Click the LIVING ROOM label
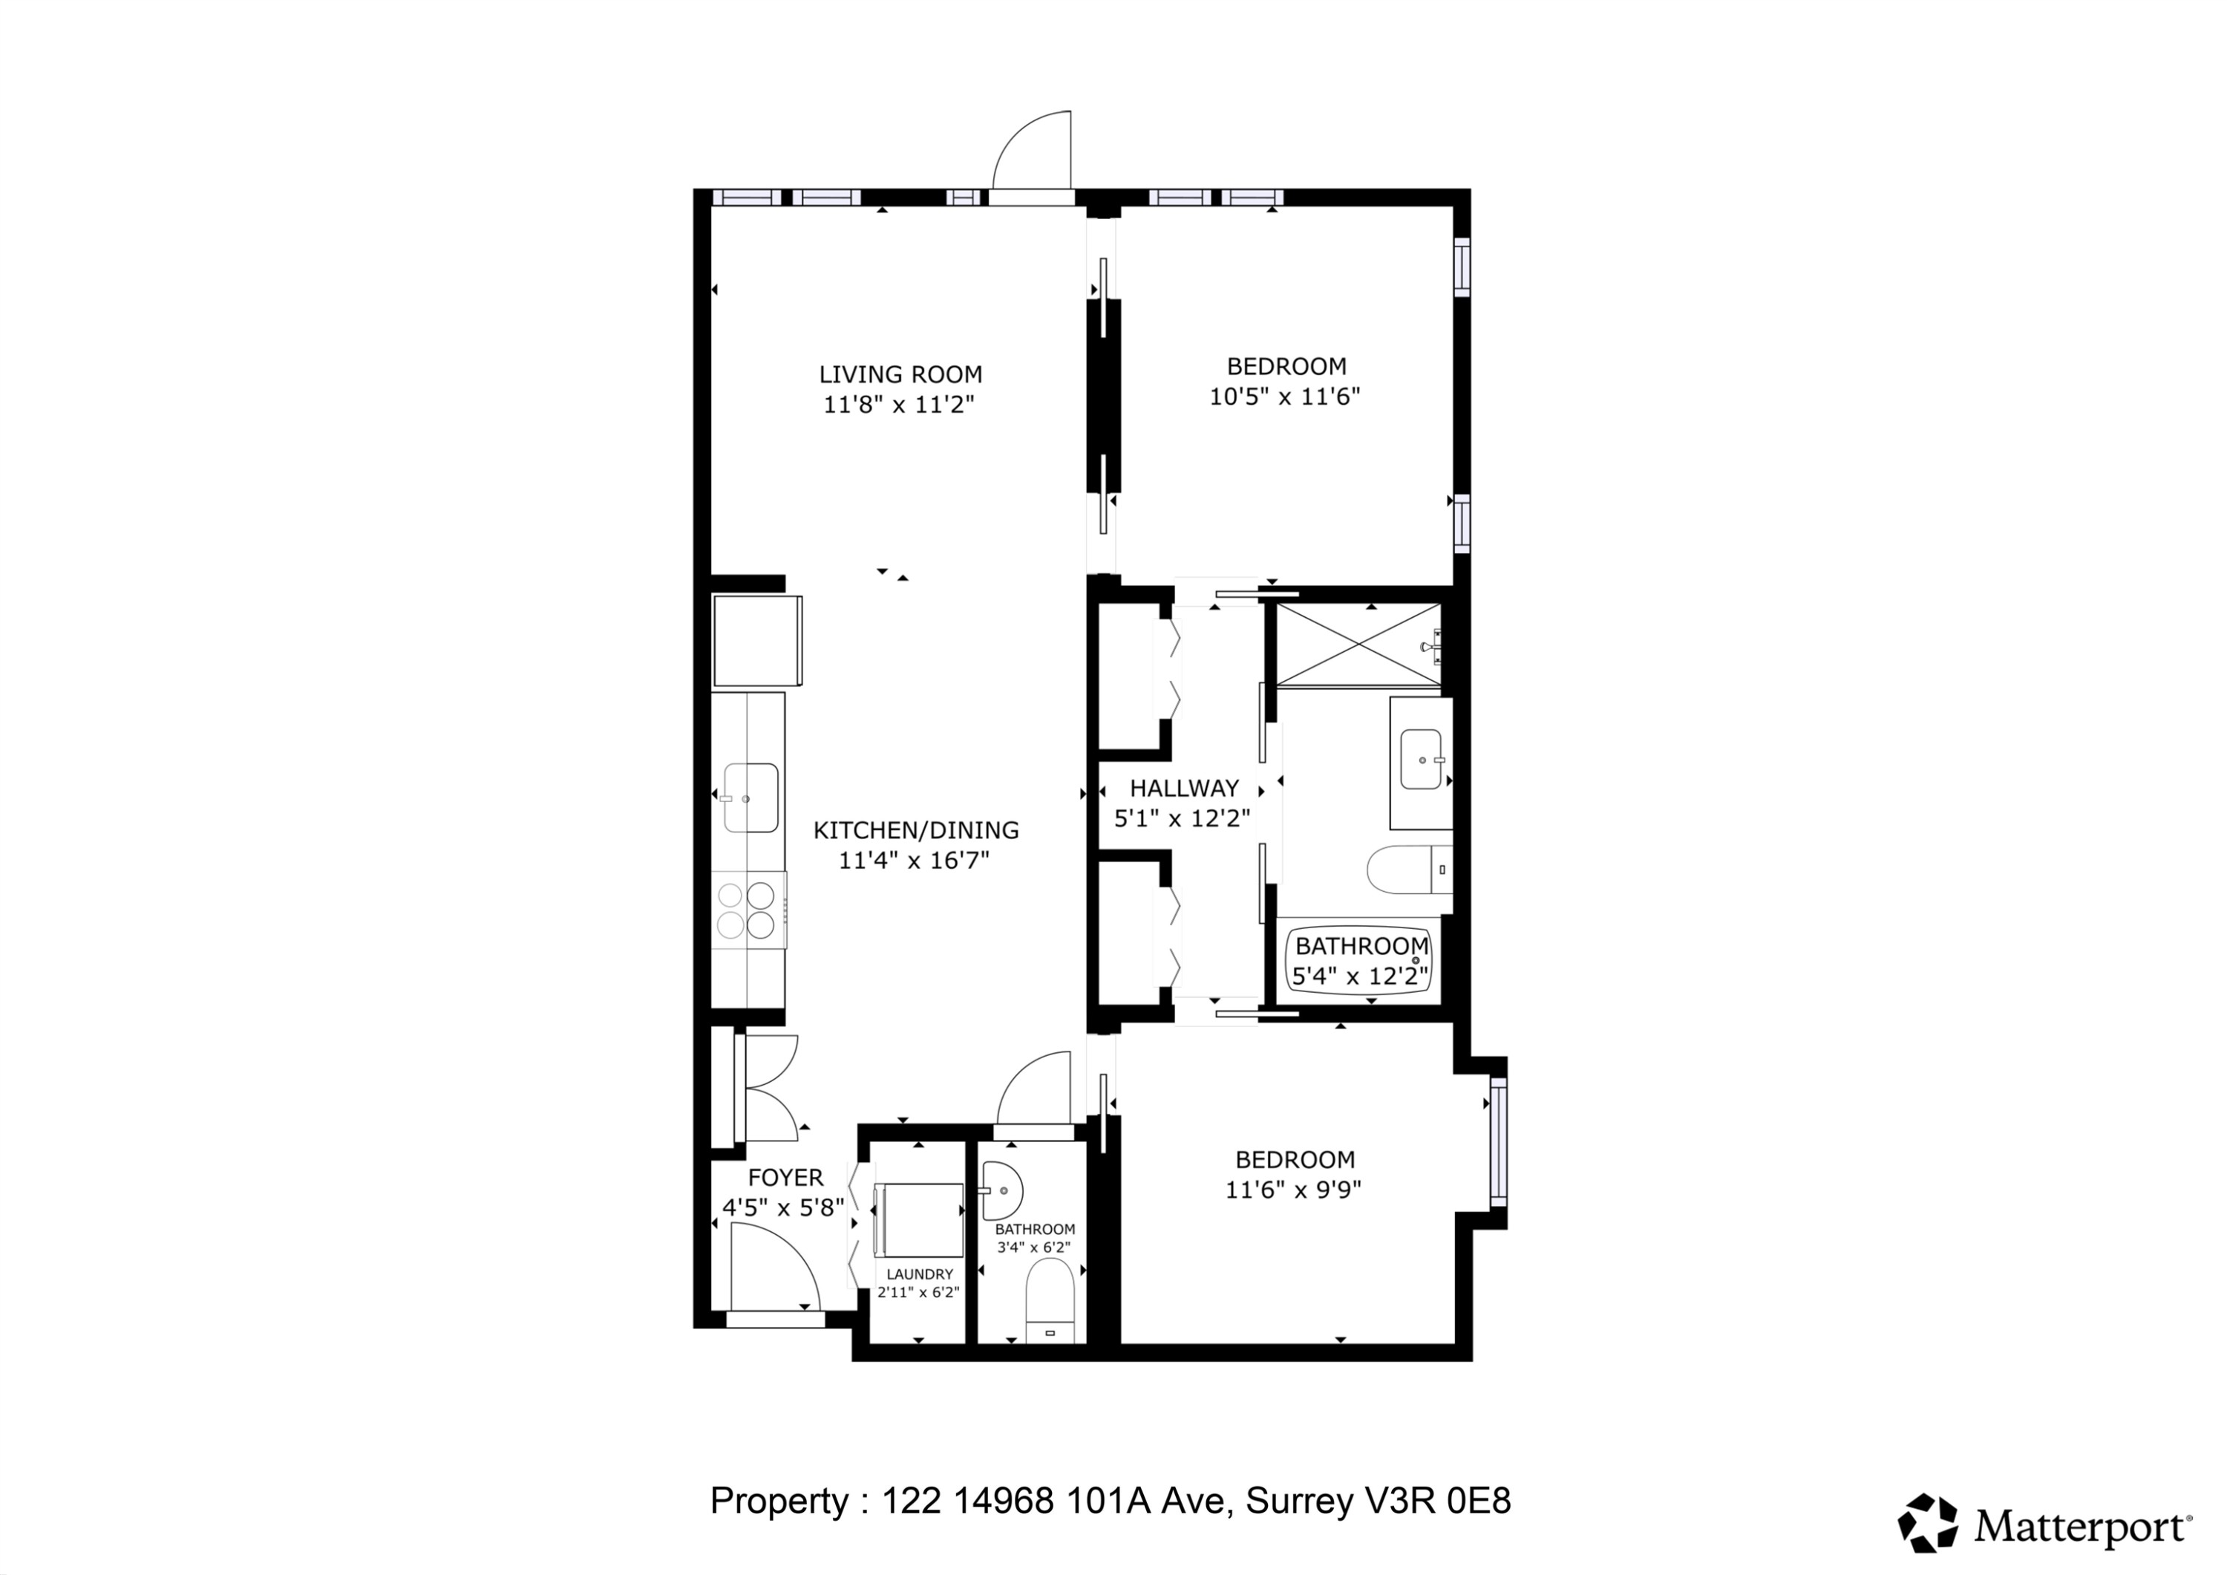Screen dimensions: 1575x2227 (900, 374)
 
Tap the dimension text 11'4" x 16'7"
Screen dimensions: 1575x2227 (914, 861)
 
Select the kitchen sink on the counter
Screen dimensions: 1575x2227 (750, 798)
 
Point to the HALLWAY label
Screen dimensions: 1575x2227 (1183, 788)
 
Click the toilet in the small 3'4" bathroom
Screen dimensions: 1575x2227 (1050, 1297)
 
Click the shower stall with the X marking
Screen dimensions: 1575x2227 (1358, 643)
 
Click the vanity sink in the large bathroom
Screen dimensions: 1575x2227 (1421, 759)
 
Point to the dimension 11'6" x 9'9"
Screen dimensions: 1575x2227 (1293, 1190)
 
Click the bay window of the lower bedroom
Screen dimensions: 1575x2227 (1499, 1141)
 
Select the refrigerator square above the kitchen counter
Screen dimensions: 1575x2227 (756, 642)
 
